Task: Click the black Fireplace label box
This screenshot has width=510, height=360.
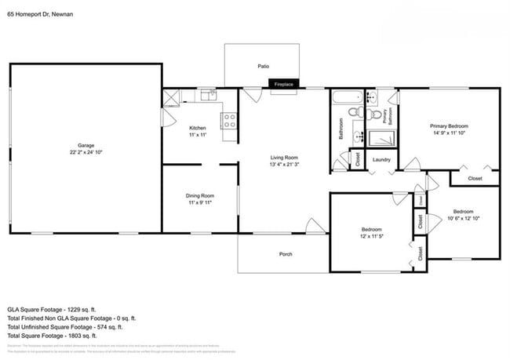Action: (x=283, y=83)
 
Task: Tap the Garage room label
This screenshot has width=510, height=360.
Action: (x=86, y=145)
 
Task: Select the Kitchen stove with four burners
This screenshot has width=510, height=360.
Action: (x=230, y=121)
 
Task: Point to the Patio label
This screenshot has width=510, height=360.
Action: (x=264, y=67)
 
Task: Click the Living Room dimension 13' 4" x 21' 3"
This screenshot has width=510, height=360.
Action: (x=284, y=164)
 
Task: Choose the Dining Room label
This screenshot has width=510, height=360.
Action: (x=200, y=195)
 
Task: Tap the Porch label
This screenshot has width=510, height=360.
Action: (x=286, y=254)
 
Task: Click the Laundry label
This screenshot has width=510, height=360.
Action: (x=382, y=160)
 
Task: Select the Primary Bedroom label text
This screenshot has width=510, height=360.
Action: (x=449, y=126)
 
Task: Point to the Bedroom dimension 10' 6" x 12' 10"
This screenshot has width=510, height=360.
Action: (x=463, y=219)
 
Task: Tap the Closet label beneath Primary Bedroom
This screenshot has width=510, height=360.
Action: (x=475, y=179)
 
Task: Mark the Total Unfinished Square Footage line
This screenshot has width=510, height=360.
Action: (x=72, y=327)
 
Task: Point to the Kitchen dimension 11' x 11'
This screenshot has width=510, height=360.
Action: (x=198, y=135)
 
